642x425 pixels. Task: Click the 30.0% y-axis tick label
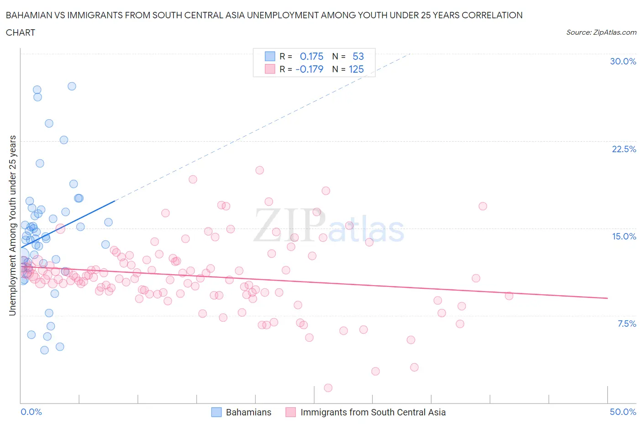(623, 61)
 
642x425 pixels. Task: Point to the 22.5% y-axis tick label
(624, 149)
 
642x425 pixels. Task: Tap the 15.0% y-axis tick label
(624, 236)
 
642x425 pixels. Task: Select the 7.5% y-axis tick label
(626, 324)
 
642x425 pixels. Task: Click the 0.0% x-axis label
(31, 412)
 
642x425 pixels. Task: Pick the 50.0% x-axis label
(623, 412)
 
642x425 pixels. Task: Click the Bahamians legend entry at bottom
(248, 412)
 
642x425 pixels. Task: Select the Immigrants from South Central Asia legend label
(373, 412)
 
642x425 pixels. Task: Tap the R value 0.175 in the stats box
(311, 56)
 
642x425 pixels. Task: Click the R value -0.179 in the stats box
(309, 69)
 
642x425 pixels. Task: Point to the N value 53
(358, 56)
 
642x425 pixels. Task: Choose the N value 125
(356, 69)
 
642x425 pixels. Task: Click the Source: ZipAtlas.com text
(601, 32)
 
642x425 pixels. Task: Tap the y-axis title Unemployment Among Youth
(12, 225)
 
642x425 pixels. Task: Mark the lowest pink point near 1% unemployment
(328, 388)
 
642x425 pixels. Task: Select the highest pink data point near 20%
(259, 170)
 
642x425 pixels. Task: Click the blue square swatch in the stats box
(270, 56)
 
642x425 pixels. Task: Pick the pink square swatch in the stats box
(270, 69)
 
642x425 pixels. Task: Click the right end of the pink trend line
(607, 298)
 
